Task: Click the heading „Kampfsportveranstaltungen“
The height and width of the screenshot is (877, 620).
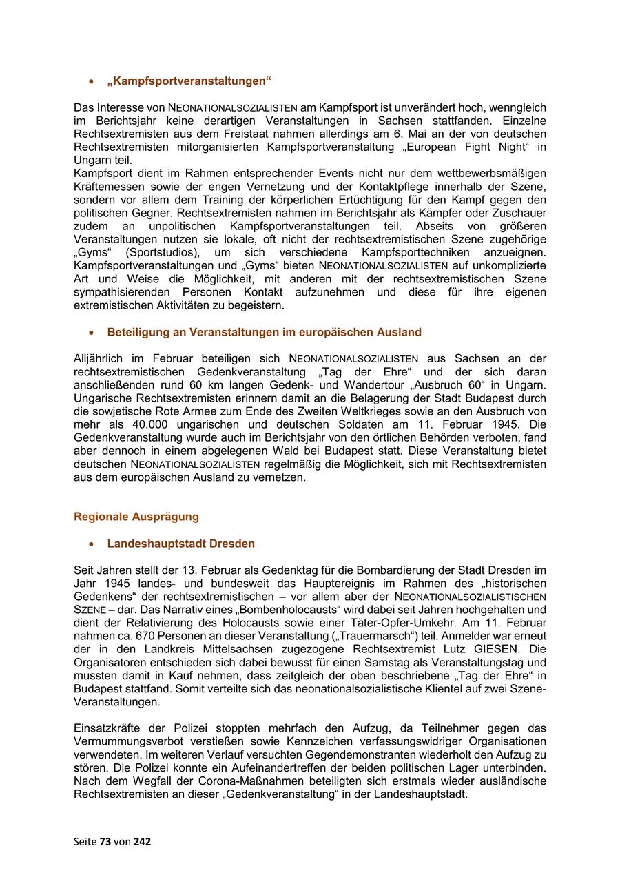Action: tap(189, 81)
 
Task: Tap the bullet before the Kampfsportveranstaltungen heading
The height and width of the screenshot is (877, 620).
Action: tap(91, 82)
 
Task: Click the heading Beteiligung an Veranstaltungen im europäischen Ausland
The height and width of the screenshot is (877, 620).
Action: tap(264, 332)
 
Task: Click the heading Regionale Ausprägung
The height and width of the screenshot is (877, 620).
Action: tap(136, 517)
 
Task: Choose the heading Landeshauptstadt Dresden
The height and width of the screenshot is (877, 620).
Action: tap(180, 544)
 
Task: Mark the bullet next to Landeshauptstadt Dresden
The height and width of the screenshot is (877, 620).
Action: tap(91, 544)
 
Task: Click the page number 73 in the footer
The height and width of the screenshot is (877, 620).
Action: tap(105, 841)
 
